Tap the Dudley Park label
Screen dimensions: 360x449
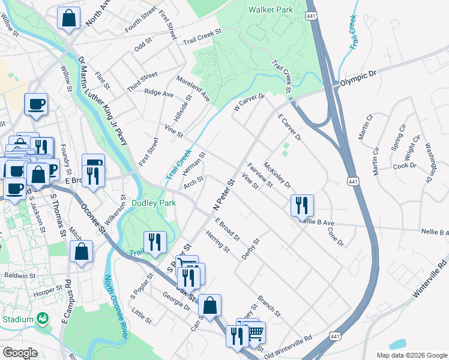pos(154,203)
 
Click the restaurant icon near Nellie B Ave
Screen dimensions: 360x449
pos(302,205)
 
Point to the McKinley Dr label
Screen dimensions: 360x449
pos(277,176)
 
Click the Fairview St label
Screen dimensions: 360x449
pos(259,175)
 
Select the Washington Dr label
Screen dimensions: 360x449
pos(429,163)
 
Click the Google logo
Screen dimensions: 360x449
pos(19,352)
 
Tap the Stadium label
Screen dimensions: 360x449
pos(17,319)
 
